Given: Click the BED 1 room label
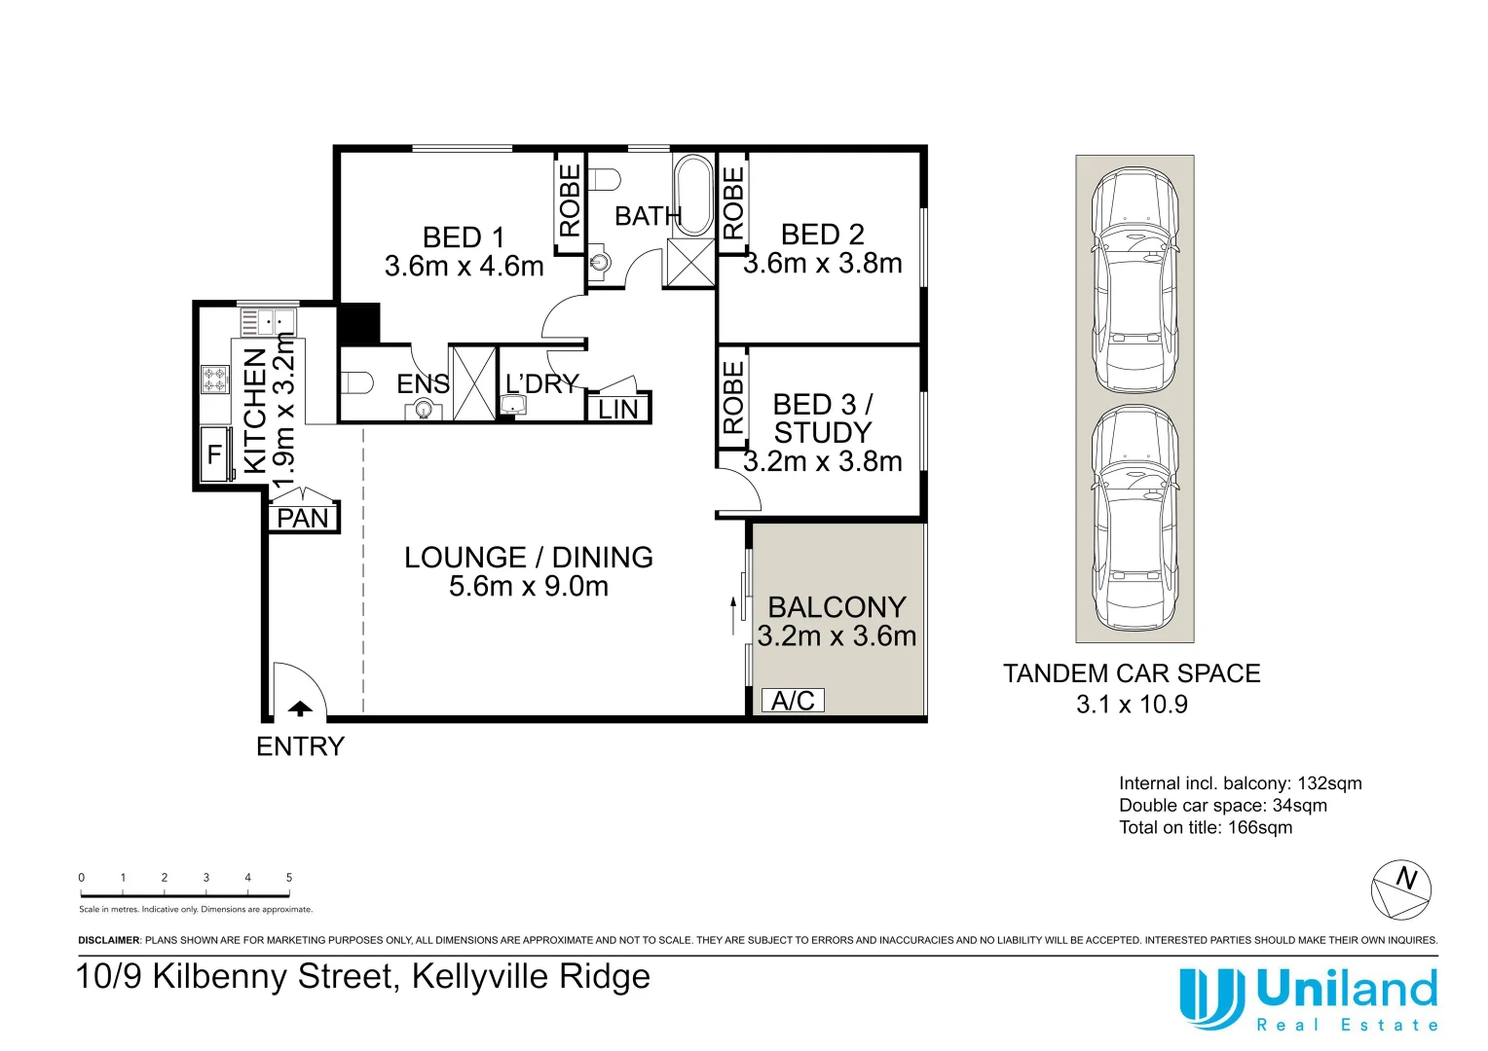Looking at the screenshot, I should pos(464,237).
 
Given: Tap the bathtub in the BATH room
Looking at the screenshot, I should pos(693,195).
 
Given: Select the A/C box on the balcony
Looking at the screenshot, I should pos(793,701).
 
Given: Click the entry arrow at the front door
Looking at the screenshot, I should pos(300,709).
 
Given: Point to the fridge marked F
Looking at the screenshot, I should pos(215,454).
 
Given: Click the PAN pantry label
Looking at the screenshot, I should pos(303,519).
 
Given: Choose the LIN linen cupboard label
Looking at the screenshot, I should pos(618,410).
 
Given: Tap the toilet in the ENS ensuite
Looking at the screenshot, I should pos(356,382).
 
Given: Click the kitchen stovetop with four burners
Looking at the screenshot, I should pos(215,380).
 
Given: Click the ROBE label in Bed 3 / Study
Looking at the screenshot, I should pos(733,397).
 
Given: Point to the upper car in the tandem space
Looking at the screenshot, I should pos(1135,279).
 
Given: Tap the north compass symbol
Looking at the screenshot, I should pos(1401,889).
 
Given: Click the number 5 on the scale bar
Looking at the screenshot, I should pos(289,878).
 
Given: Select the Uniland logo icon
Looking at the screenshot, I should pos(1211,997).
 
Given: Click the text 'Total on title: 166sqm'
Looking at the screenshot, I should pos(1206,827).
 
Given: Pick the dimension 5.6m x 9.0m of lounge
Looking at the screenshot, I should pos(529,587).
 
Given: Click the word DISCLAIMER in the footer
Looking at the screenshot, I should pos(109,940).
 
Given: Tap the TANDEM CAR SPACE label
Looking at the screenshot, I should pos(1132,673).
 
